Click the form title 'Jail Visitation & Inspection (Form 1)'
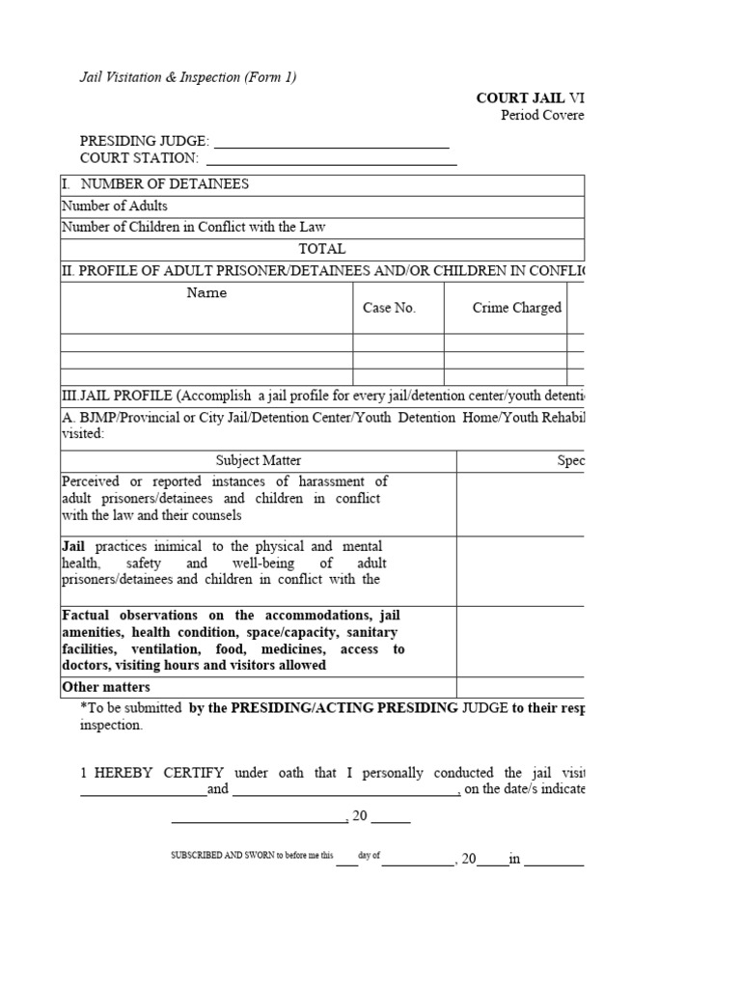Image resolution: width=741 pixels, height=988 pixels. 187,77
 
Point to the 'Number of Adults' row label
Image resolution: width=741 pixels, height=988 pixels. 115,206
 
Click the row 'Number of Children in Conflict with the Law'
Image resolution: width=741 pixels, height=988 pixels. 194,227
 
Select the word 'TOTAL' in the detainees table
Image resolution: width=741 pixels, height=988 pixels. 321,248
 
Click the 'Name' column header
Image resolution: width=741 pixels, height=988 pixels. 206,293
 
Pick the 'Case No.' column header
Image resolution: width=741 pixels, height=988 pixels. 389,308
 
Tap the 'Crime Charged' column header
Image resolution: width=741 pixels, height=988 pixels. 516,308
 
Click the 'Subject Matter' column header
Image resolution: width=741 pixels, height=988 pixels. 259,461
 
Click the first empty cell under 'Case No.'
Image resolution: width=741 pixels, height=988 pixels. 398,342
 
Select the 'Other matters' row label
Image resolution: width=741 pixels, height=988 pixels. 106,687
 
